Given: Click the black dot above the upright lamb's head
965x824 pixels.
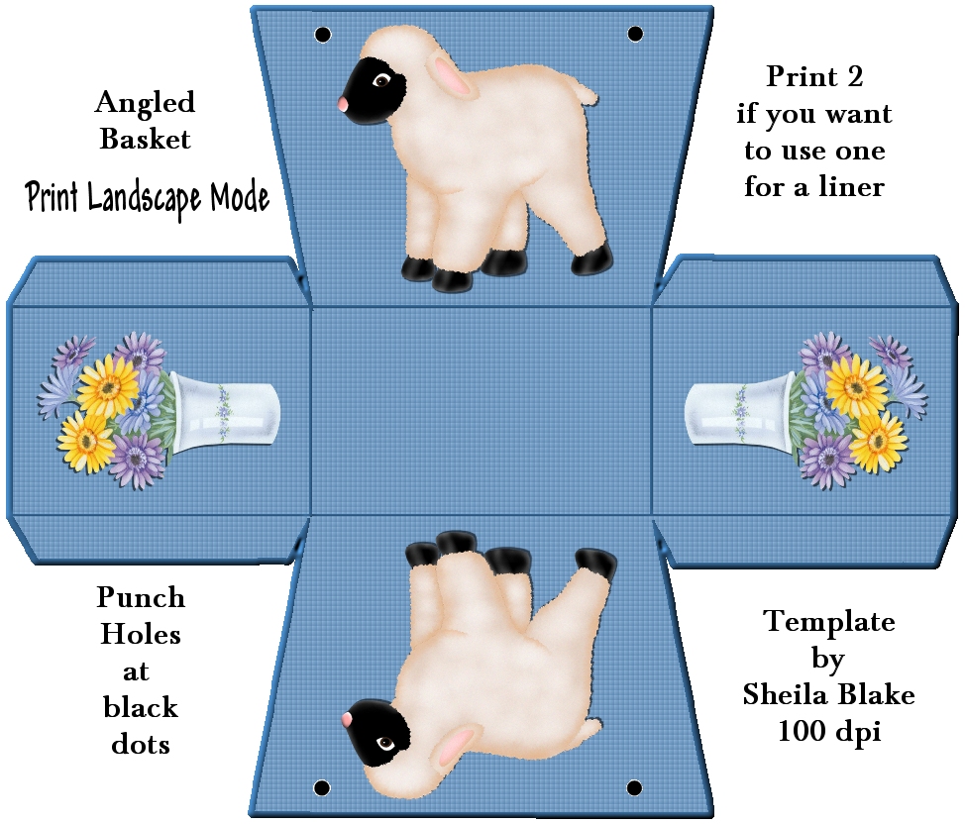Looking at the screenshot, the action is pos(322,35).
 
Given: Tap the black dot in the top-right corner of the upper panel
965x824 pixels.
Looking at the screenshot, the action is pos(635,34).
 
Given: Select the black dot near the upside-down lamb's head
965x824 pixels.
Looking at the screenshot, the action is pos(321,787).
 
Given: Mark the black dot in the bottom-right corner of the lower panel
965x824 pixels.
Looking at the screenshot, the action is pos(634,787).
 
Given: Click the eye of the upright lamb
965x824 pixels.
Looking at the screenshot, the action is pos(381,80).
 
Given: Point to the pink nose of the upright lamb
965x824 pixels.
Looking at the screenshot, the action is pos(342,104).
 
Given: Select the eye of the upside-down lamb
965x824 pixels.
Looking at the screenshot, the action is pos(385,744).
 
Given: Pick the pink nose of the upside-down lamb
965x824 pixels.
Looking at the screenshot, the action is pos(347,719).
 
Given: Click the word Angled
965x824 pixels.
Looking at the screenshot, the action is pos(145,103).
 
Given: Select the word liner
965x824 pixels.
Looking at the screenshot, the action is pos(851,186).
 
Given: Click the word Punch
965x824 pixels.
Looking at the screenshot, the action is pos(141,597).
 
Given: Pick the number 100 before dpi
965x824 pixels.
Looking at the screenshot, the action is pos(802,731).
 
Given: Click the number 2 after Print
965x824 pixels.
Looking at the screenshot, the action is pos(855,77).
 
